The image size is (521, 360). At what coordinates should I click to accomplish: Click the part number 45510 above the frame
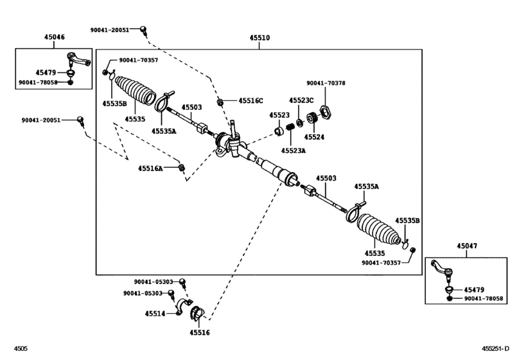tap(260, 38)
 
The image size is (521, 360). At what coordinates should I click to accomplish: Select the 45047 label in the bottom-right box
tap(468, 246)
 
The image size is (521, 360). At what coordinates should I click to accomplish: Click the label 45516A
tap(150, 168)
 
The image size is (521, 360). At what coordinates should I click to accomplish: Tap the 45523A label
tap(294, 150)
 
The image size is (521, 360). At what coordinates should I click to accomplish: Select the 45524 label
tap(313, 137)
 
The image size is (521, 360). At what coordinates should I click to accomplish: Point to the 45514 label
tap(155, 313)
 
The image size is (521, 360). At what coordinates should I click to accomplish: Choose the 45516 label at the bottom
tap(200, 332)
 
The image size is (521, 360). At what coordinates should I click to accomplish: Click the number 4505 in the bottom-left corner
tap(21, 349)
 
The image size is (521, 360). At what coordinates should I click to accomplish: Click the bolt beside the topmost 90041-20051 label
tap(145, 29)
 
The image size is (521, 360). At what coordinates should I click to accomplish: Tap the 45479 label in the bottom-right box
tap(475, 290)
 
